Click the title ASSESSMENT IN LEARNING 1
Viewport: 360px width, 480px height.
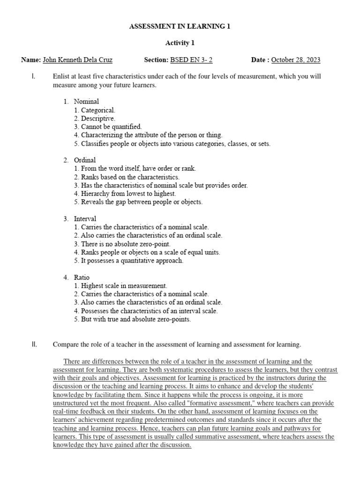tap(180, 27)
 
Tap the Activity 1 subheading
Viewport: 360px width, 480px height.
tap(180, 43)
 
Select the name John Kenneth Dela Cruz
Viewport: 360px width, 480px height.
tap(77, 60)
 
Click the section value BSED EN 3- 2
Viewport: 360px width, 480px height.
tap(194, 60)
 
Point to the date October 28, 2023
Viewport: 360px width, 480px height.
tap(296, 60)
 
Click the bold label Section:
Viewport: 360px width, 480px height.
tap(156, 60)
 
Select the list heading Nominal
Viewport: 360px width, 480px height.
tap(86, 101)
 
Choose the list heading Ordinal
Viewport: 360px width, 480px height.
tap(85, 160)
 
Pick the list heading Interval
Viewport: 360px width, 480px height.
tap(85, 219)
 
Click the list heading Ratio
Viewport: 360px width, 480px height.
tap(82, 277)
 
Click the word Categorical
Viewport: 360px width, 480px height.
tap(98, 110)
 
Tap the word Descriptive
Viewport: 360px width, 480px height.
tap(97, 119)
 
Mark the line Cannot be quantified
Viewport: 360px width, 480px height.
tap(111, 127)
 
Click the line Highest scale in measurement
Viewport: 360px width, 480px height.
tap(124, 285)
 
